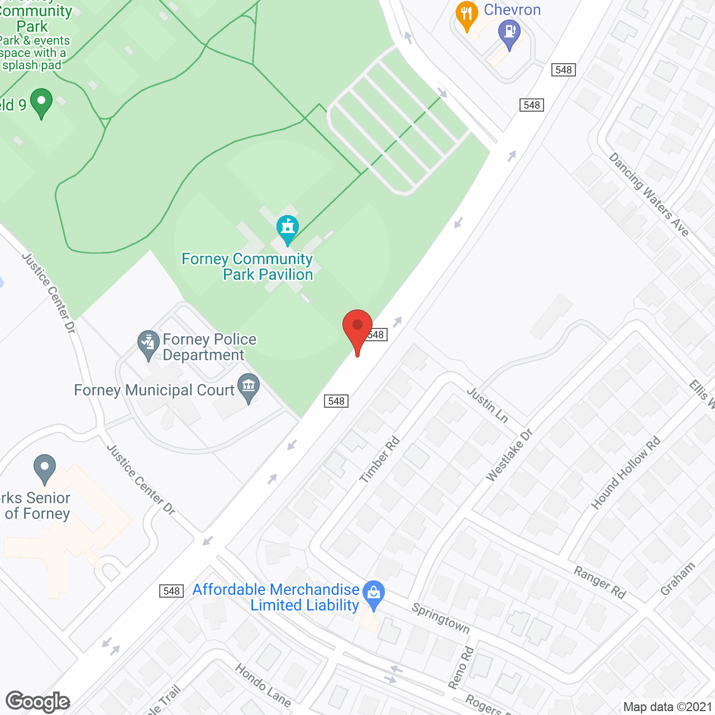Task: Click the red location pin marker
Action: [357, 330]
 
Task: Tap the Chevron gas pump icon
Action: [509, 34]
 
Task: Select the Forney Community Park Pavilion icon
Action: [288, 228]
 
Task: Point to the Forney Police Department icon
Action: [149, 344]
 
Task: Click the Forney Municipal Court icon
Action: [249, 387]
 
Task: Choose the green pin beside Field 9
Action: [41, 102]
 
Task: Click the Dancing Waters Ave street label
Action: [649, 194]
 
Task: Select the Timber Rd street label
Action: [380, 459]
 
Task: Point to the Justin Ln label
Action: [487, 405]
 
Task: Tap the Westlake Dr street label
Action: [509, 455]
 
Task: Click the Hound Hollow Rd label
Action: [626, 473]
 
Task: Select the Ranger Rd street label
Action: [600, 582]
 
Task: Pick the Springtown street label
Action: [441, 617]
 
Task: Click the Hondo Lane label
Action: [263, 684]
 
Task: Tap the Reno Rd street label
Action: [461, 668]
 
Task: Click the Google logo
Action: [37, 702]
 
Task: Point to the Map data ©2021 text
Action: [668, 707]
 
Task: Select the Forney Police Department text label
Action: [209, 347]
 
